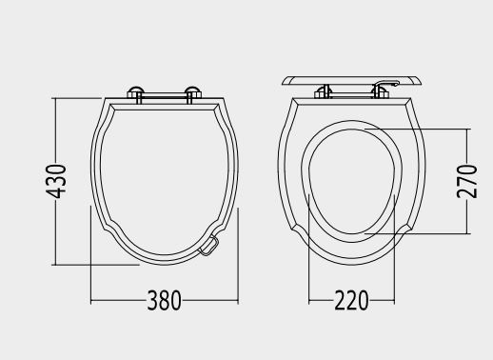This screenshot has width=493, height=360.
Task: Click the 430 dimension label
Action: pos(56,181)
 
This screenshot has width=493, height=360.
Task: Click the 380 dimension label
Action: pos(165,300)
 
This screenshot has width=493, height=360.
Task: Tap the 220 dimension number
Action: pos(351,300)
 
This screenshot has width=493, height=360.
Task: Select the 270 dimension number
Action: pos(467,181)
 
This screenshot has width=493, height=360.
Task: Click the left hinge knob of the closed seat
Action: pos(135,92)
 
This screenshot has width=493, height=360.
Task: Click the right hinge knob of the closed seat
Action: pos(193,92)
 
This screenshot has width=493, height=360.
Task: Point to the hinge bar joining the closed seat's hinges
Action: pos(165,94)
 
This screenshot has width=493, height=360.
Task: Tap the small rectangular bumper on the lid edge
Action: pos(208,246)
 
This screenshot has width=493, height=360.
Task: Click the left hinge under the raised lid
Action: pos(323,92)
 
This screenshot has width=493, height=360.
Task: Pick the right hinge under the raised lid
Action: pos(380,92)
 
